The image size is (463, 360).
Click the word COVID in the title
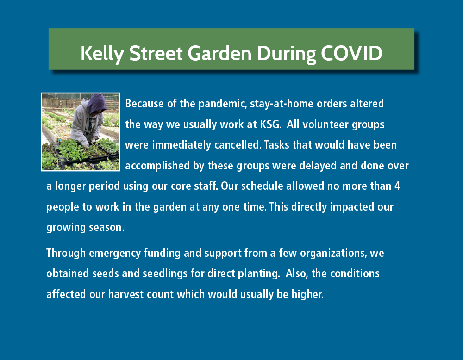tap(351, 53)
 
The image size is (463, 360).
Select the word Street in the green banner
tap(156, 53)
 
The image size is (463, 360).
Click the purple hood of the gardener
tap(97, 103)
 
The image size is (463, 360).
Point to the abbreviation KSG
tap(270, 124)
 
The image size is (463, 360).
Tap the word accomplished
tap(157, 166)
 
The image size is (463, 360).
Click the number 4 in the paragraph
tap(397, 186)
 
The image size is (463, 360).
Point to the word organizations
tap(333, 254)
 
